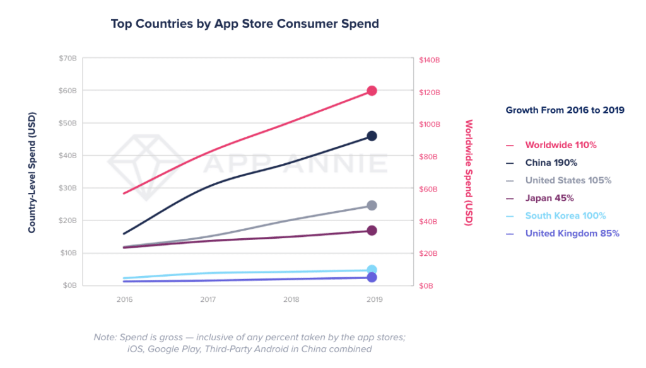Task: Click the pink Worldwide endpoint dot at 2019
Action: [x=372, y=91]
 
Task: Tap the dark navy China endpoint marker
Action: [x=372, y=136]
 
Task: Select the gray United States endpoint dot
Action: [x=372, y=205]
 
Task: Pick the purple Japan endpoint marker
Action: [x=372, y=231]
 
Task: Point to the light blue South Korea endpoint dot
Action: [x=372, y=270]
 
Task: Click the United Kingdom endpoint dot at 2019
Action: [x=372, y=277]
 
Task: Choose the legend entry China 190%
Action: [x=551, y=163]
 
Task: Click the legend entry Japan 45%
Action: [x=549, y=198]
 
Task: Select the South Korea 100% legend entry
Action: [x=565, y=216]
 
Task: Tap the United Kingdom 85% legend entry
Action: [x=572, y=233]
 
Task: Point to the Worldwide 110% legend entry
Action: [x=561, y=145]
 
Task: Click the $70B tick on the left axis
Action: [x=68, y=59]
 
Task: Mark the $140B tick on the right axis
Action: [x=429, y=60]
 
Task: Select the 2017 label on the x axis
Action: [x=208, y=299]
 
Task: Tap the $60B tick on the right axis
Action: [x=428, y=189]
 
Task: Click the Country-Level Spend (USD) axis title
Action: [x=32, y=173]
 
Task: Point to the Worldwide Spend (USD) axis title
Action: [x=469, y=173]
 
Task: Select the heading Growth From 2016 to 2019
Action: [x=565, y=110]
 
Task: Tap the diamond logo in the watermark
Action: [x=146, y=166]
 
